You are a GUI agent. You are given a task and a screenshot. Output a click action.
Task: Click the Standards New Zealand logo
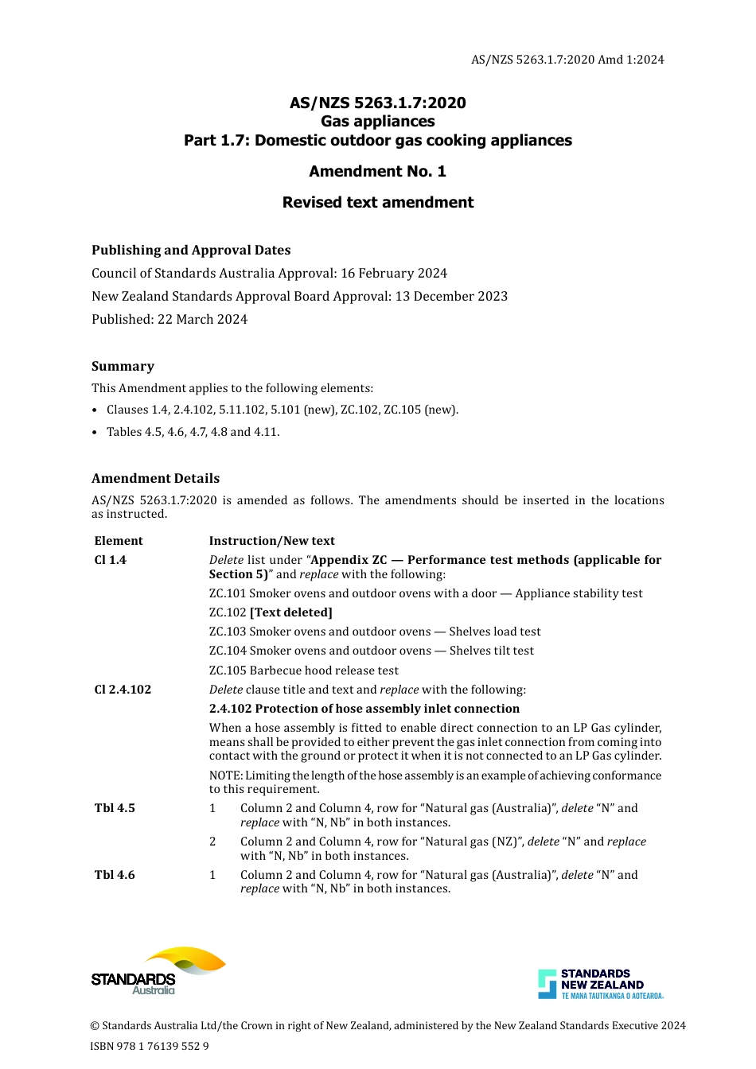(601, 984)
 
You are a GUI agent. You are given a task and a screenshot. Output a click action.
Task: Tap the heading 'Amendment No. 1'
(377, 171)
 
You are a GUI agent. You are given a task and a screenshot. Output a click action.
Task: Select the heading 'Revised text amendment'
(377, 202)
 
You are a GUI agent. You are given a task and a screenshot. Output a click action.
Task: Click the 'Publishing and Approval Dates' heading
(191, 250)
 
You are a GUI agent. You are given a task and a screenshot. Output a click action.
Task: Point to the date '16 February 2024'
(394, 273)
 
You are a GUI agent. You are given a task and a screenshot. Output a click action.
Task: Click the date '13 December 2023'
(451, 296)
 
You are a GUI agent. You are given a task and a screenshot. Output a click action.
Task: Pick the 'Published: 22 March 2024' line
(170, 319)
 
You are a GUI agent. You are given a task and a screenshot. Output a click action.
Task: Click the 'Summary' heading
(123, 366)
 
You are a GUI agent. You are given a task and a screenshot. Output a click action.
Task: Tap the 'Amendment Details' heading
(155, 478)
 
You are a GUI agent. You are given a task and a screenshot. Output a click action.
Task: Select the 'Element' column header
(119, 541)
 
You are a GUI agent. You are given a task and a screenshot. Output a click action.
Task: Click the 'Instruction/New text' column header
(271, 541)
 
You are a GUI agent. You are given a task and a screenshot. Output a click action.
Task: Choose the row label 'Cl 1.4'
(111, 560)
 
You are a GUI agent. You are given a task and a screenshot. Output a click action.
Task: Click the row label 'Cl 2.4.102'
(123, 690)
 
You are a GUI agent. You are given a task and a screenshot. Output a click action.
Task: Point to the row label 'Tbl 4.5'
(115, 808)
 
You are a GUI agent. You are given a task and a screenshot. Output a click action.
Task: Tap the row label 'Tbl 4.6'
(115, 875)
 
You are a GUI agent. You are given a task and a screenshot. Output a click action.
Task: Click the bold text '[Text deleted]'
(290, 612)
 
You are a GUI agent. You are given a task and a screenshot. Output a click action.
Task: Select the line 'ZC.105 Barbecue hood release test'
(303, 671)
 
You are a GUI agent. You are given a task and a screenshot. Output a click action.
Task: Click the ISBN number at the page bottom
(150, 1046)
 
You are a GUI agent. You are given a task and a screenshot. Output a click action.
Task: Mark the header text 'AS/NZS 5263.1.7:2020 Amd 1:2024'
(567, 60)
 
